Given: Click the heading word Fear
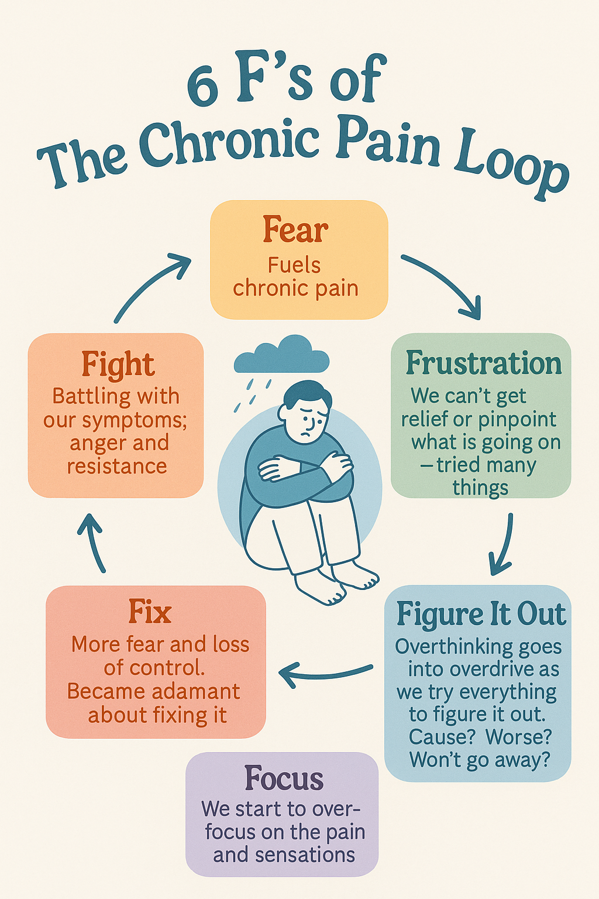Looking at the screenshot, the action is [295, 229].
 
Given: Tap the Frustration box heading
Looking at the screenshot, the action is [483, 364].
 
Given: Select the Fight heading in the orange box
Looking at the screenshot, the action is [118, 365].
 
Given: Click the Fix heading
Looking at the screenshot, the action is [150, 613].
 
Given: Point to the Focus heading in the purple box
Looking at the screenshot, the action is [284, 779].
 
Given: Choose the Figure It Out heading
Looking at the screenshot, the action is [481, 615].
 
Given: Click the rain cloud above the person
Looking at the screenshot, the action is [281, 355].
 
